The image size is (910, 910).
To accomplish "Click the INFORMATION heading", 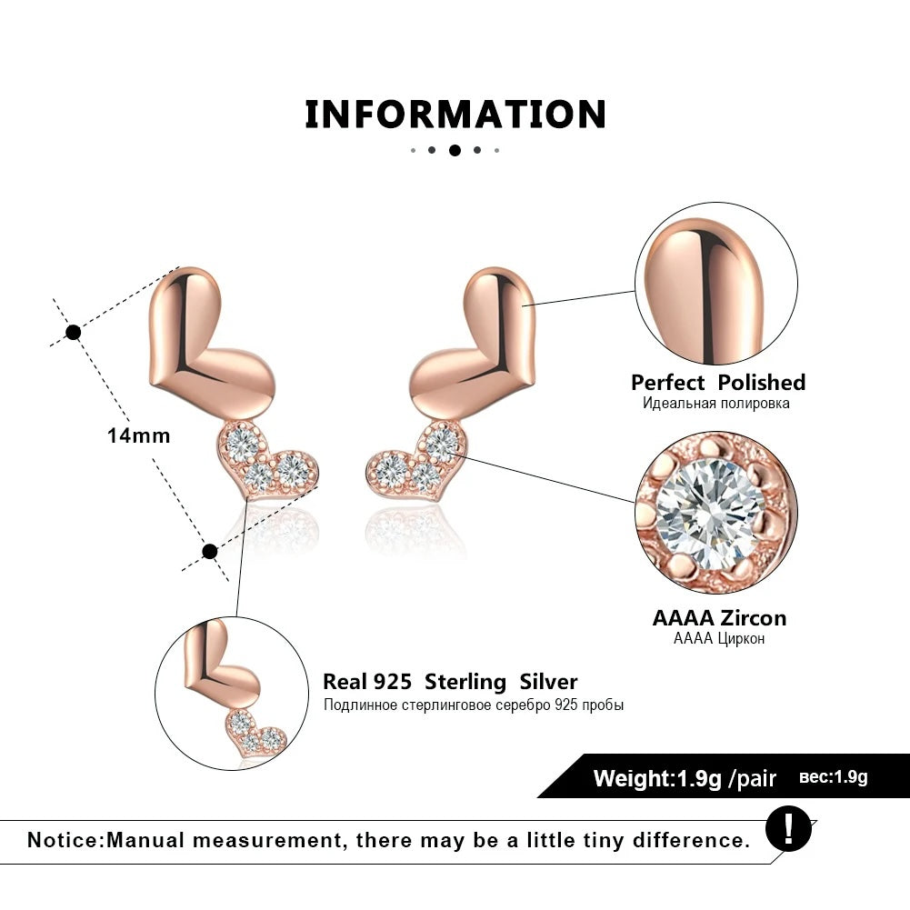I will [x=455, y=115].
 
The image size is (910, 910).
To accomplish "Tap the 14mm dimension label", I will [x=138, y=435].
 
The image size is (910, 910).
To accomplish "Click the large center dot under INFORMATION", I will [x=455, y=150].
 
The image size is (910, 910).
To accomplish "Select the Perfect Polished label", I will [x=718, y=383].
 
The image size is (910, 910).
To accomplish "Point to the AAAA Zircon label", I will [x=719, y=618].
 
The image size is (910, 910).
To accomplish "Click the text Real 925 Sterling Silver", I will [x=450, y=682].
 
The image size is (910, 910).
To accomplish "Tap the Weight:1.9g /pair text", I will [x=685, y=778].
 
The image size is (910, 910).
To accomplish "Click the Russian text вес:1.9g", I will [x=834, y=777].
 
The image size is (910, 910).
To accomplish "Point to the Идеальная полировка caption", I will [x=716, y=404].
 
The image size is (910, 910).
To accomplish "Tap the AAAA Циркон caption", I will [x=719, y=639].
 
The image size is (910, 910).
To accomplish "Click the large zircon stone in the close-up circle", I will [x=709, y=514].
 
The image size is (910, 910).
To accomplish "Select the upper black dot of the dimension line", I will [x=74, y=332].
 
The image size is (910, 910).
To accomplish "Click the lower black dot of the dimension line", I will [x=210, y=551].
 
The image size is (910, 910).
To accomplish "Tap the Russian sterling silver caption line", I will [x=474, y=705].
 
